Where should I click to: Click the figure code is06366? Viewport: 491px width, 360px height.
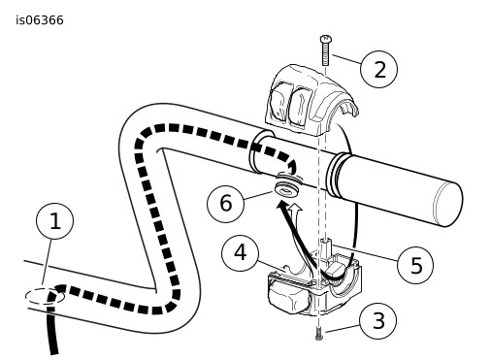point(40,20)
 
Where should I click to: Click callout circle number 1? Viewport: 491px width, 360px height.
point(54,221)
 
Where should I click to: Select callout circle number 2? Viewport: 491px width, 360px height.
point(378,69)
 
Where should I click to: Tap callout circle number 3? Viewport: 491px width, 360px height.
point(378,321)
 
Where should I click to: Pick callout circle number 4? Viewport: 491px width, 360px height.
point(240,253)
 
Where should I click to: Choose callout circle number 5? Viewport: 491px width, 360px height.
point(415,265)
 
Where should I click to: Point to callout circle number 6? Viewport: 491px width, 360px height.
point(226,204)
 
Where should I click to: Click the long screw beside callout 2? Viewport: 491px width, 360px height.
point(325,50)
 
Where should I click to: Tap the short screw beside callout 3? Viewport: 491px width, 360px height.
point(319,334)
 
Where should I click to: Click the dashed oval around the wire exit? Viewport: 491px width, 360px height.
point(45,296)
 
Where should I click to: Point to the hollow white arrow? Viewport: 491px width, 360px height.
point(295,213)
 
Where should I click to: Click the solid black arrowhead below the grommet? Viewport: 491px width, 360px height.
point(282,207)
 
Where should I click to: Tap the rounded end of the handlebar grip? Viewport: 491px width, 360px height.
point(448,204)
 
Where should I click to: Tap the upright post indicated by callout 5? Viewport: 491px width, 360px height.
point(326,247)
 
